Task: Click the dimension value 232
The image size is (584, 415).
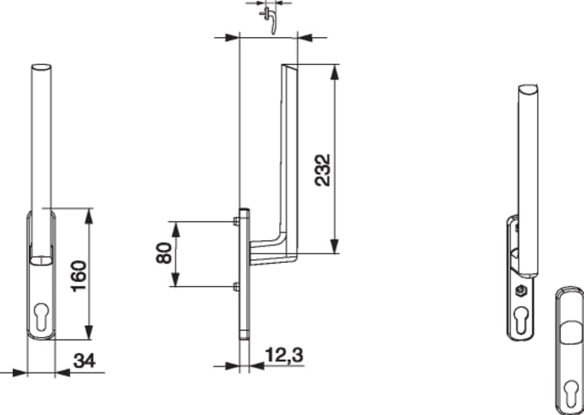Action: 322,170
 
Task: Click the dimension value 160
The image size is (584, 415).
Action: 79,276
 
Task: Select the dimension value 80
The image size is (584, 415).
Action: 164,252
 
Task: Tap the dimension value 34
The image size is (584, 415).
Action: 84,361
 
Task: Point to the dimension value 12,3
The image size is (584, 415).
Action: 284,355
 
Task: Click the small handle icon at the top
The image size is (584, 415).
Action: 270,19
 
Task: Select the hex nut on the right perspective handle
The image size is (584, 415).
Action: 520,290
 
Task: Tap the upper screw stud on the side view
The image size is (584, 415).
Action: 235,221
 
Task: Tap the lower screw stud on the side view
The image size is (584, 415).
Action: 235,287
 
